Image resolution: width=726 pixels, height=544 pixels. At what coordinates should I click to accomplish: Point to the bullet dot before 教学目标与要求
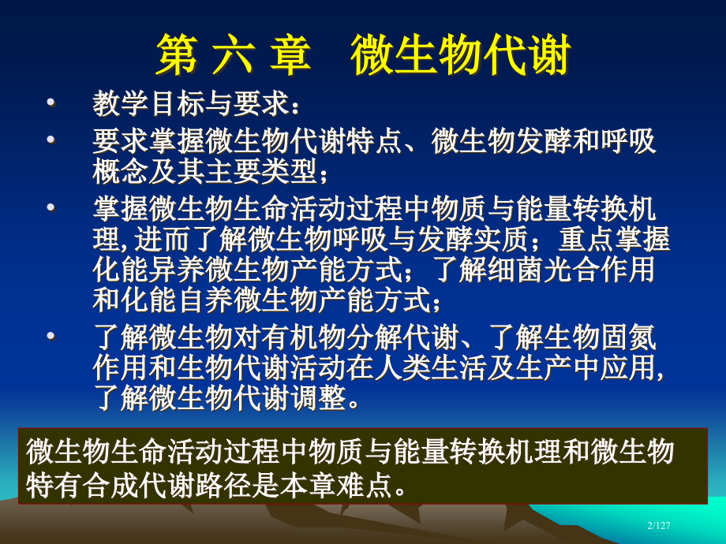[x=51, y=103]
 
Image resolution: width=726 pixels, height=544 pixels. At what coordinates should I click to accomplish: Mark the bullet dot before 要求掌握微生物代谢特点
[x=51, y=140]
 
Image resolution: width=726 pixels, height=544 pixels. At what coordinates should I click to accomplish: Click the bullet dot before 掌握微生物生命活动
[x=51, y=208]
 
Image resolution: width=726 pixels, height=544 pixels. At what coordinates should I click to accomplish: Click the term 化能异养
[x=147, y=270]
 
